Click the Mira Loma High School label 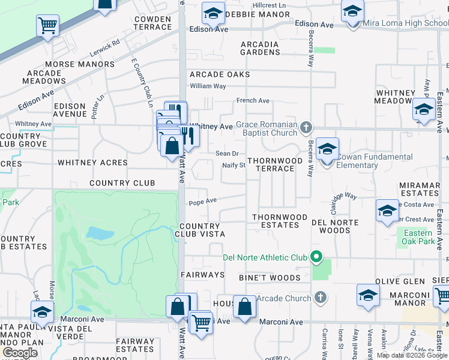coord(406,24)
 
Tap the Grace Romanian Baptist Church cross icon coord(306,127)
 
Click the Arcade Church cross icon coord(321,298)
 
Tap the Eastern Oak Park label coord(419,237)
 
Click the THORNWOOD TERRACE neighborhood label coord(271,164)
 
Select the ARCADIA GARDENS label coord(260,48)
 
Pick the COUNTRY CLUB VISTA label coord(202,230)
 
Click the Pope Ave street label coord(202,202)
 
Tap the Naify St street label coord(234,165)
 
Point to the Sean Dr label coord(228,154)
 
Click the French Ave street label coord(253,101)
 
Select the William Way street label coord(208,86)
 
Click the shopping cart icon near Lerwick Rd coord(47,26)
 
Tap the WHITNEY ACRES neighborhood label coord(92,163)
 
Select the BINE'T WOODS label coord(270,278)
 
